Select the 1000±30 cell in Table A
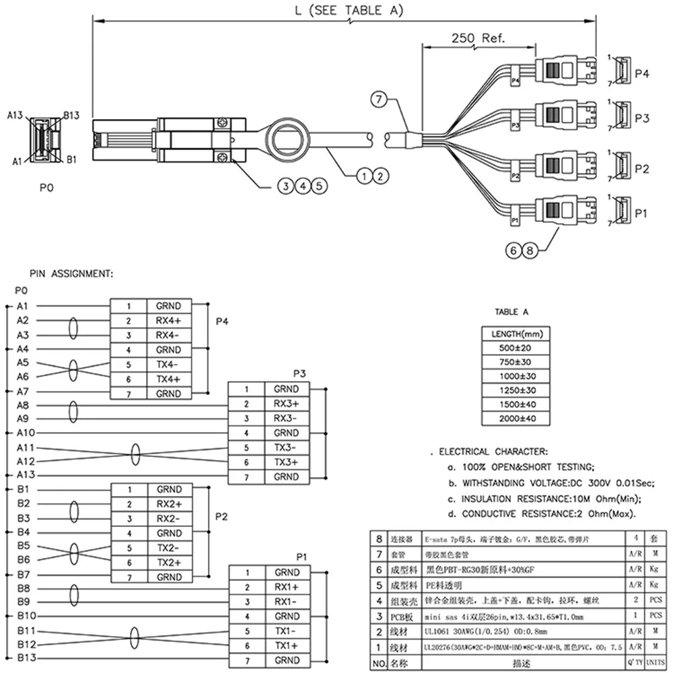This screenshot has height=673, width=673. point(513,376)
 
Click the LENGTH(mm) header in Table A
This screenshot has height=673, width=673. point(513,332)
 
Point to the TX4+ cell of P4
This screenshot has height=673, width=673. point(168,379)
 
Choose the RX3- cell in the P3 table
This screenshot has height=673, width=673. point(287,418)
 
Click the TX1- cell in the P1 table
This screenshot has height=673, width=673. point(287,631)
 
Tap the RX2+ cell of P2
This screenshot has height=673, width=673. point(168,504)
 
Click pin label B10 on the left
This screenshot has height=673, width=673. point(26,616)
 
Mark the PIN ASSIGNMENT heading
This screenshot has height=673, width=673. point(71,274)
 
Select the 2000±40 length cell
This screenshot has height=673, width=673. point(513,419)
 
